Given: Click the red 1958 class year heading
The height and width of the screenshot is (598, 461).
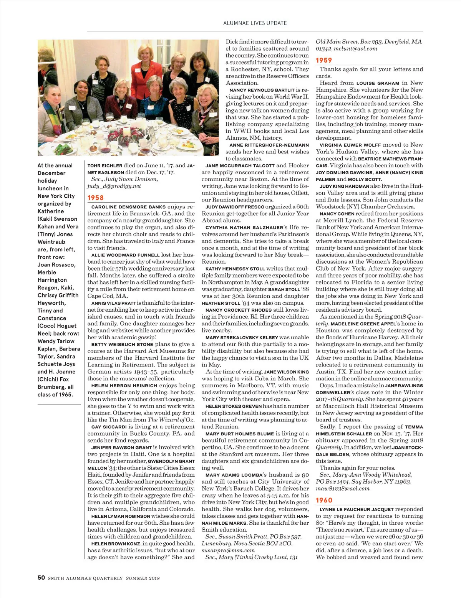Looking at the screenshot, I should tap(95, 198).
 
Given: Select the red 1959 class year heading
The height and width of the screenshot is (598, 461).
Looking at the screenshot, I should tap(324, 60).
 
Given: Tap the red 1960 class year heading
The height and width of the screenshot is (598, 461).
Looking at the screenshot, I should tap(324, 500).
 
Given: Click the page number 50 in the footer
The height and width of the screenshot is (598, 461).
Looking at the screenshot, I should tap(41, 578).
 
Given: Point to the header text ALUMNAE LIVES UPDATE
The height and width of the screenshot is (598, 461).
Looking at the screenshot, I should tap(255, 23).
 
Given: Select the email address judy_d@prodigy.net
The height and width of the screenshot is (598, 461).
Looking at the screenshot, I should tap(114, 186).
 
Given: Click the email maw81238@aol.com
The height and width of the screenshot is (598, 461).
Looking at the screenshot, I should tap(343, 489).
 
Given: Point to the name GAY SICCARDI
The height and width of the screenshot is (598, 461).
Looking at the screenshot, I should tap(109, 427).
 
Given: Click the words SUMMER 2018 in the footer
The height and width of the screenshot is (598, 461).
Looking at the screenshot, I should tap(143, 578).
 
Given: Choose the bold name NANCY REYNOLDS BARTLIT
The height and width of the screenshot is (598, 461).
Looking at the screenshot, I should tap(262, 90).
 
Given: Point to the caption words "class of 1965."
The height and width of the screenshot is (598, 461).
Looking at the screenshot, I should tap(55, 395).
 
